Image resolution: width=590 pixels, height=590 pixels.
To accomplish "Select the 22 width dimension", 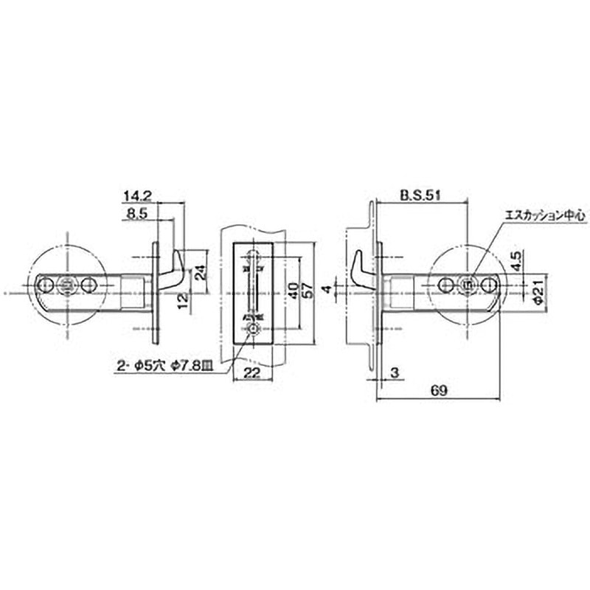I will coord(252,373).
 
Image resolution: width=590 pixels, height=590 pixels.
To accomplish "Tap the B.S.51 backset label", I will coord(421,195).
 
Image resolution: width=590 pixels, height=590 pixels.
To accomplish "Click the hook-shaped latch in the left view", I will coord(176,270).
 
